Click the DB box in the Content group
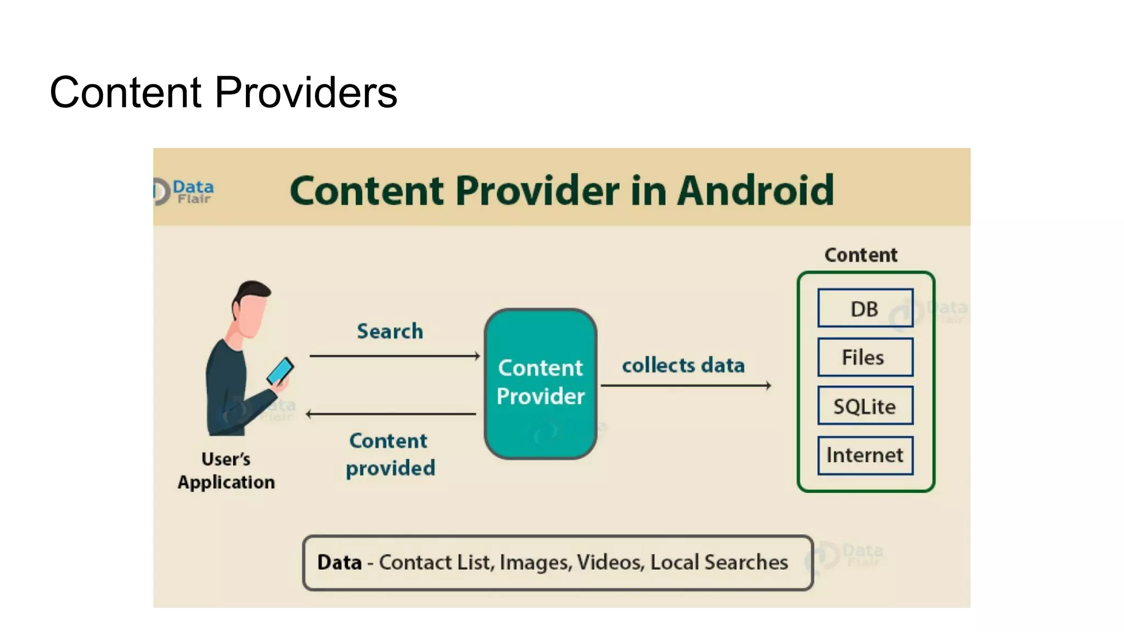pos(865,308)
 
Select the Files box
pos(865,357)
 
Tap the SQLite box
pos(865,406)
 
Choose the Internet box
pos(865,455)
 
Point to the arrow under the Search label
pos(394,356)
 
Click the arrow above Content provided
pos(391,414)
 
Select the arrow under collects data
pos(686,386)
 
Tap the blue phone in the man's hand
pos(280,371)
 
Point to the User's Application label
pos(226,470)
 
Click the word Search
pos(390,331)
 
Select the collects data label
pos(683,365)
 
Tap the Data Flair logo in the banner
pos(184,191)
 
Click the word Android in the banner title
pos(756,190)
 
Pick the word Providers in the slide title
pos(306,92)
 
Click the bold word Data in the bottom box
pos(339,562)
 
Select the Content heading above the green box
pos(861,255)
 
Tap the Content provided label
pos(390,454)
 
